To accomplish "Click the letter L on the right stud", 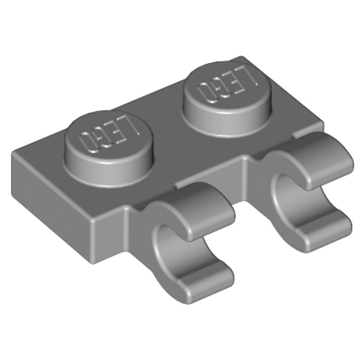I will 248,77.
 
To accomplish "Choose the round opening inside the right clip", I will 285,190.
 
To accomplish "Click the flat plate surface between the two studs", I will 165,111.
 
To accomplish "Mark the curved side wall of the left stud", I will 103,165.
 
